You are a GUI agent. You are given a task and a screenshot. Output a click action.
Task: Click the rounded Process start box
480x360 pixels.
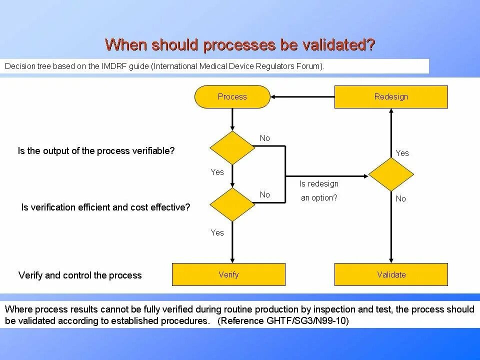(232, 97)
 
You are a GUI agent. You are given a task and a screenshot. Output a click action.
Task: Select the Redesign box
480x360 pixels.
(391, 97)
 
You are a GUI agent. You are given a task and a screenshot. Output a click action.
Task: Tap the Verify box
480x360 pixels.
(228, 274)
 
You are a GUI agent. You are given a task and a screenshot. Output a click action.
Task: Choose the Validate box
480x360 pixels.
(391, 274)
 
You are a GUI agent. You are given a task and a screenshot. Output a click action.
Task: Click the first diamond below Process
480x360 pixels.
(232, 148)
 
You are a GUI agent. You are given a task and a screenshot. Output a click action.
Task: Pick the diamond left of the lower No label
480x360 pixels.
(232, 204)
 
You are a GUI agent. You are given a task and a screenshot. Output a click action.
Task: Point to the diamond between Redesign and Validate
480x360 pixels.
(391, 174)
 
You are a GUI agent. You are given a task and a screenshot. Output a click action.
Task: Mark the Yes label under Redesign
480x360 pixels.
(402, 153)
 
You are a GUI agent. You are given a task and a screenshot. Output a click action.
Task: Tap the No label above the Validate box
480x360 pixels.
(401, 199)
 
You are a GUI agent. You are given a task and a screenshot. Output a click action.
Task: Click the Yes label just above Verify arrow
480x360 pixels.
(217, 232)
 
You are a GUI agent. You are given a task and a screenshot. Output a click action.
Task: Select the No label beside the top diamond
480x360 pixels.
(264, 138)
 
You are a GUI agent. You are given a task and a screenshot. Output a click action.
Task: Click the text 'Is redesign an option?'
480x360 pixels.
(319, 191)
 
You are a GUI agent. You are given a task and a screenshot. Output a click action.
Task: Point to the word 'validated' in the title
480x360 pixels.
(335, 44)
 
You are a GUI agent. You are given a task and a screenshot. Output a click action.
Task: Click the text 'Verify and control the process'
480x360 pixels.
(80, 275)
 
